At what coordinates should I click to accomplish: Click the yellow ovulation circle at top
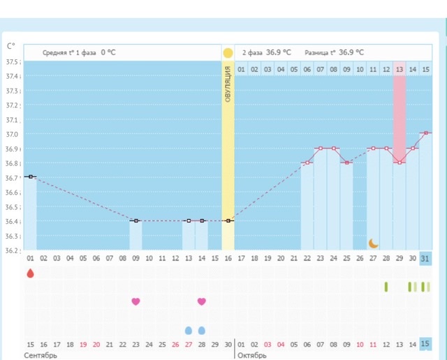pos(228,52)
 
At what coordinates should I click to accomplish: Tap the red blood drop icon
pos(30,273)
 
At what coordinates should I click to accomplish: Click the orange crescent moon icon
pos(374,243)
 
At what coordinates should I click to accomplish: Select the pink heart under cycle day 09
pos(135,301)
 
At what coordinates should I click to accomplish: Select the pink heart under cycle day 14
pos(202,301)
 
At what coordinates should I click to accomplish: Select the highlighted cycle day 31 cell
pos(426,258)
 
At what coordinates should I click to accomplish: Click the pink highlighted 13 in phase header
pos(400,69)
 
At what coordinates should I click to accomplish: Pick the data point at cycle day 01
pos(30,177)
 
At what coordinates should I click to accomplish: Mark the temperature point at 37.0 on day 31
pos(426,133)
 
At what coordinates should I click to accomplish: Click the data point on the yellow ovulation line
pos(228,220)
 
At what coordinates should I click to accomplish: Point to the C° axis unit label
pos(11,46)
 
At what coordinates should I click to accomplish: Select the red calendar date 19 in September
pos(83,344)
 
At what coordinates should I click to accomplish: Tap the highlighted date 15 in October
pos(426,344)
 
